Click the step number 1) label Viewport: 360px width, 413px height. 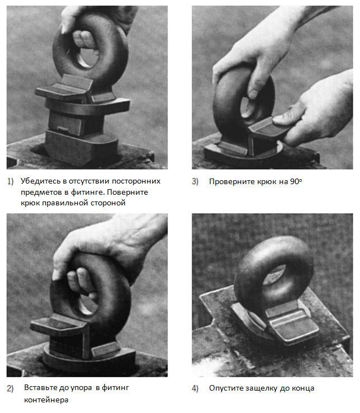coord(10,181)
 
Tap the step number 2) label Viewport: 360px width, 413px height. coord(10,388)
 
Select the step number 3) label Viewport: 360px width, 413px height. coord(195,181)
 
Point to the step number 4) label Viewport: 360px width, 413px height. coord(195,388)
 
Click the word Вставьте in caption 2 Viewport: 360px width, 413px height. coord(40,387)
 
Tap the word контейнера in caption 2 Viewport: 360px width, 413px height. coord(46,400)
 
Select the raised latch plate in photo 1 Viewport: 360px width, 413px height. coord(64,87)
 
